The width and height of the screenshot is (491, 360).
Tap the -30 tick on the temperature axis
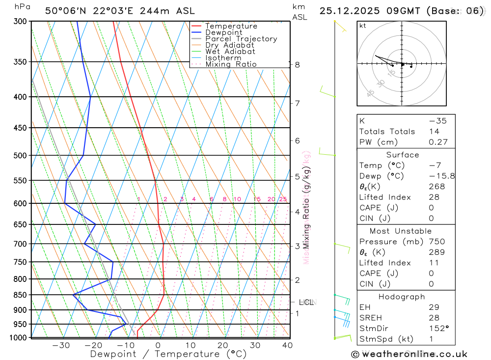click(x=61, y=345)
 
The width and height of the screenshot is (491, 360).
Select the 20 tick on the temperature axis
click(x=223, y=345)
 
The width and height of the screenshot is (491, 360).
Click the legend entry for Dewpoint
click(x=224, y=32)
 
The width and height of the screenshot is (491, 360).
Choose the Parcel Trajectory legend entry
click(x=241, y=39)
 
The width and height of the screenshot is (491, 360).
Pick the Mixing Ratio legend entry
click(x=231, y=64)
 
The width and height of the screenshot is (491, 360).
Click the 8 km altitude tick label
click(x=298, y=64)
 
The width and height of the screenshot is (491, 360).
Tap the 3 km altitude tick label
click(x=298, y=246)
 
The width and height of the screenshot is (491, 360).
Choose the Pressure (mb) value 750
click(x=436, y=241)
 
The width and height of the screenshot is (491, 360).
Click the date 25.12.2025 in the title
click(x=352, y=10)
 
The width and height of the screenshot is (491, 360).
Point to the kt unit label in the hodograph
click(x=363, y=26)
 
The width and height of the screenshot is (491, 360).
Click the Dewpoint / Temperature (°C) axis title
click(x=168, y=354)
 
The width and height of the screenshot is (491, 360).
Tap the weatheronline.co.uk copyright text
click(x=409, y=354)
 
